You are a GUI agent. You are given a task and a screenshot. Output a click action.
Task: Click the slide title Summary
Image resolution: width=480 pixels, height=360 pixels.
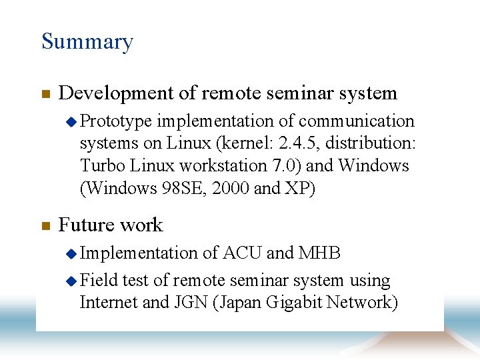click(x=87, y=42)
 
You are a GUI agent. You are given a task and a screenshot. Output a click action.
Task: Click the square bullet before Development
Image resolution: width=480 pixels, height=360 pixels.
click(x=45, y=95)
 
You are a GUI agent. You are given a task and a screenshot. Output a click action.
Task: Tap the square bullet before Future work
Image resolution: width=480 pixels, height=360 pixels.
click(x=45, y=226)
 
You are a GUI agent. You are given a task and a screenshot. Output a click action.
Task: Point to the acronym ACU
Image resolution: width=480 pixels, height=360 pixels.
click(x=242, y=253)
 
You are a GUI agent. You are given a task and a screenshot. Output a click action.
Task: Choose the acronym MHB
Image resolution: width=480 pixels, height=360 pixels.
click(x=320, y=253)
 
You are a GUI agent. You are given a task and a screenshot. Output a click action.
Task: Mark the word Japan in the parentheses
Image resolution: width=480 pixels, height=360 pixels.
click(x=242, y=303)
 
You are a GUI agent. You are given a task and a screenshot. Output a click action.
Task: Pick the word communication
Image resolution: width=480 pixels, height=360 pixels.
click(x=357, y=121)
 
